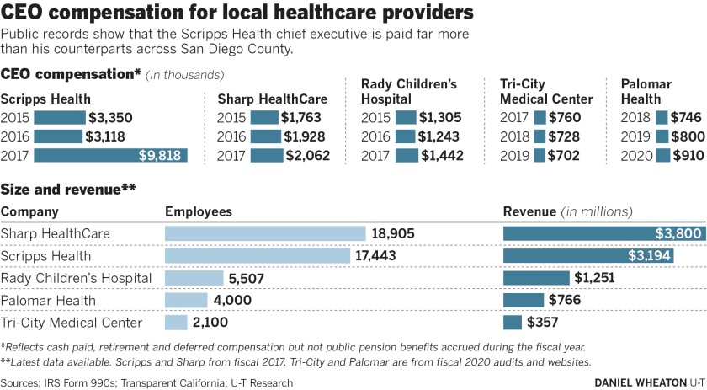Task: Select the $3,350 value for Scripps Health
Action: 111,118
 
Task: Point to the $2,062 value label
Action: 307,155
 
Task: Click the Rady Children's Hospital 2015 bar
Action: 405,118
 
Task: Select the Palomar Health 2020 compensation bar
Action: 663,155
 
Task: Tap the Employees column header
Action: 199,212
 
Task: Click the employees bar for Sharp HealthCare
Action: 265,234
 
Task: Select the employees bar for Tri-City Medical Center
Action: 176,322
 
